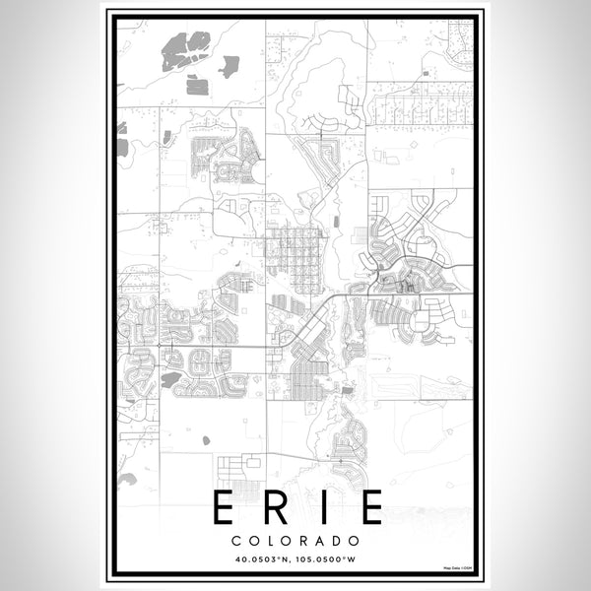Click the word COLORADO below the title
(x=295, y=540)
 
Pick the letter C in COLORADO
(x=238, y=540)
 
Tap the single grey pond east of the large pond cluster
(x=230, y=67)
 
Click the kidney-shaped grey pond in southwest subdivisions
(x=170, y=378)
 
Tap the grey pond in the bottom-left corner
(x=126, y=480)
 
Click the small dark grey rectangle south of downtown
(x=347, y=391)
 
